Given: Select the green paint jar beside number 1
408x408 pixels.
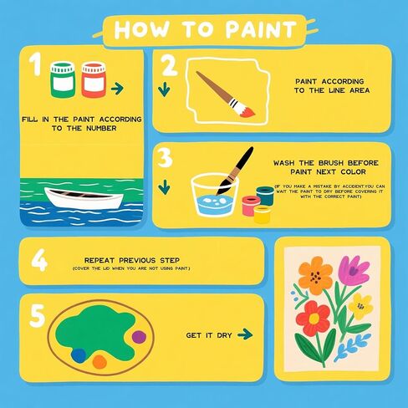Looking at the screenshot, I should (x=62, y=79).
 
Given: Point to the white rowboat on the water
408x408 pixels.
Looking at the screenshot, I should (x=82, y=199).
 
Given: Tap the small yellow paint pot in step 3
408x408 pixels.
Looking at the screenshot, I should (x=261, y=214).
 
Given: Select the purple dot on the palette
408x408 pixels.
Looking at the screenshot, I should (x=139, y=337).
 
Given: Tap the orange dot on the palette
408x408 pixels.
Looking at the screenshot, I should (x=99, y=360).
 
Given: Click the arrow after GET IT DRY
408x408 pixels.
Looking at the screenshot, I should (x=244, y=334).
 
